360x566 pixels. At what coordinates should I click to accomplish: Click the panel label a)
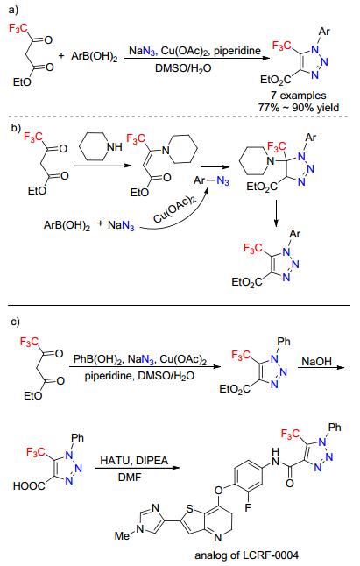pyautogui.click(x=12, y=10)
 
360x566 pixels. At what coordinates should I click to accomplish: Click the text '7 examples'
pyautogui.click(x=299, y=96)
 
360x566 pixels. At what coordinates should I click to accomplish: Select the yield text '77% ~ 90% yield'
pyautogui.click(x=299, y=107)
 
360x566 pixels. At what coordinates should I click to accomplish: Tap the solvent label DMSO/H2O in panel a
pyautogui.click(x=183, y=67)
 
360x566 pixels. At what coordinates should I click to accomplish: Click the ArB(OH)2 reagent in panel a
pyautogui.click(x=94, y=57)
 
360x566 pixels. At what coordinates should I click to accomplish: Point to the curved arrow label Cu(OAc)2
pyautogui.click(x=174, y=210)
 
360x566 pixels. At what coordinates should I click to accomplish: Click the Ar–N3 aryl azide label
pyautogui.click(x=211, y=180)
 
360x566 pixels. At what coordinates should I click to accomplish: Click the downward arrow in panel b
pyautogui.click(x=276, y=213)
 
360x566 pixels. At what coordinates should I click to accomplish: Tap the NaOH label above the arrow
pyautogui.click(x=316, y=361)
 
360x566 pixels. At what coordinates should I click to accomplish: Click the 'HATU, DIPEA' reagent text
pyautogui.click(x=134, y=461)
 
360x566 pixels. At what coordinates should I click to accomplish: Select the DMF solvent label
pyautogui.click(x=130, y=478)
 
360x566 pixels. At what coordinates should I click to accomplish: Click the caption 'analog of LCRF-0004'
pyautogui.click(x=247, y=555)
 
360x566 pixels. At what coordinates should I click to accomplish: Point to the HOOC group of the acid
pyautogui.click(x=29, y=486)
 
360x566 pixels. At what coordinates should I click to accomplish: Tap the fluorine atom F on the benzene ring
pyautogui.click(x=248, y=507)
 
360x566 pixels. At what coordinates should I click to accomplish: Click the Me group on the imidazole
pyautogui.click(x=123, y=535)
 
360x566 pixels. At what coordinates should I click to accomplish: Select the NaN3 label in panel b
pyautogui.click(x=121, y=225)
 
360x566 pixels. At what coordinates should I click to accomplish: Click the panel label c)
pyautogui.click(x=14, y=321)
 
